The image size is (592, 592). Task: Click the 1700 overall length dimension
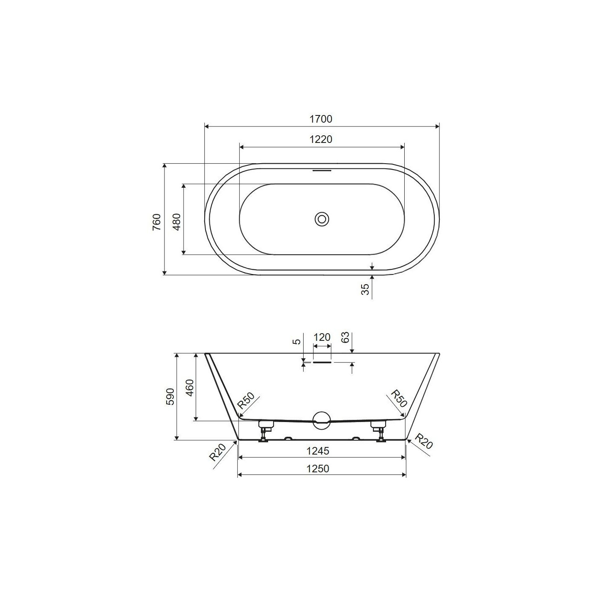(321, 119)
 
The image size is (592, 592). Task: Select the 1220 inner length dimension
(321, 140)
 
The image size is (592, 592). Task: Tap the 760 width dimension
(157, 222)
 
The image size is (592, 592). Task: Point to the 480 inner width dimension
(177, 222)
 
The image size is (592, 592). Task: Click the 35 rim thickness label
(365, 289)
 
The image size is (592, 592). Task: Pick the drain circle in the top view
(322, 219)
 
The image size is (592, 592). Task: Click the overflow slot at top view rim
(322, 170)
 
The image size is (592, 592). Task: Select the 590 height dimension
(170, 397)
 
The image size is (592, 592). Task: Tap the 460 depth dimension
(190, 388)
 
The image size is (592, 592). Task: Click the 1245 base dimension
(318, 451)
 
